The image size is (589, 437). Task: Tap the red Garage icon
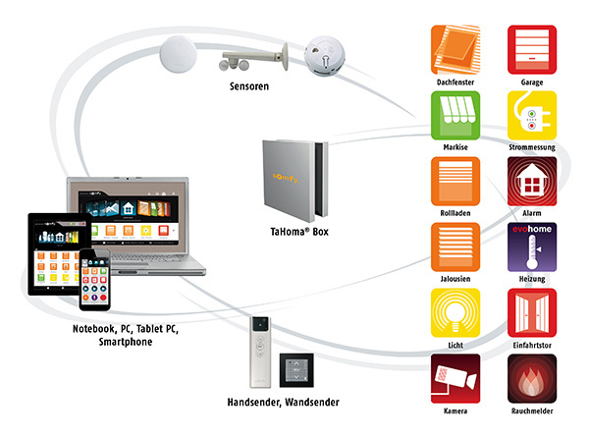click(531, 50)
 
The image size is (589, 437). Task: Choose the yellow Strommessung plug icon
click(531, 116)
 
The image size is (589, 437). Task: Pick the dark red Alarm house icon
click(531, 182)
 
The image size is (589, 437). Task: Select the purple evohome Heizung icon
click(531, 247)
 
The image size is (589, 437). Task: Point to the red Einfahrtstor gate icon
click(531, 313)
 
